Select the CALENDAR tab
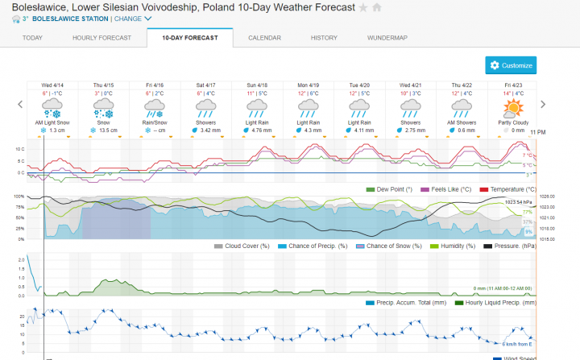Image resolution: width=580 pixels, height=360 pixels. coord(264,38)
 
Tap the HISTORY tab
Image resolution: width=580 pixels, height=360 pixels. coord(324,38)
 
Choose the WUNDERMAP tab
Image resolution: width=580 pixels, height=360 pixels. coord(387,38)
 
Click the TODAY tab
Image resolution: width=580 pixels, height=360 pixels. coord(32,38)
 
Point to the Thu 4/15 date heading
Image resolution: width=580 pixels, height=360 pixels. coord(103,85)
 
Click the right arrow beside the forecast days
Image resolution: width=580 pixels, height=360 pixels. coord(543,104)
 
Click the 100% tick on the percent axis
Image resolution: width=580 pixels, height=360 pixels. coord(19,197)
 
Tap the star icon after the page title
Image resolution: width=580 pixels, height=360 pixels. coord(363,7)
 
